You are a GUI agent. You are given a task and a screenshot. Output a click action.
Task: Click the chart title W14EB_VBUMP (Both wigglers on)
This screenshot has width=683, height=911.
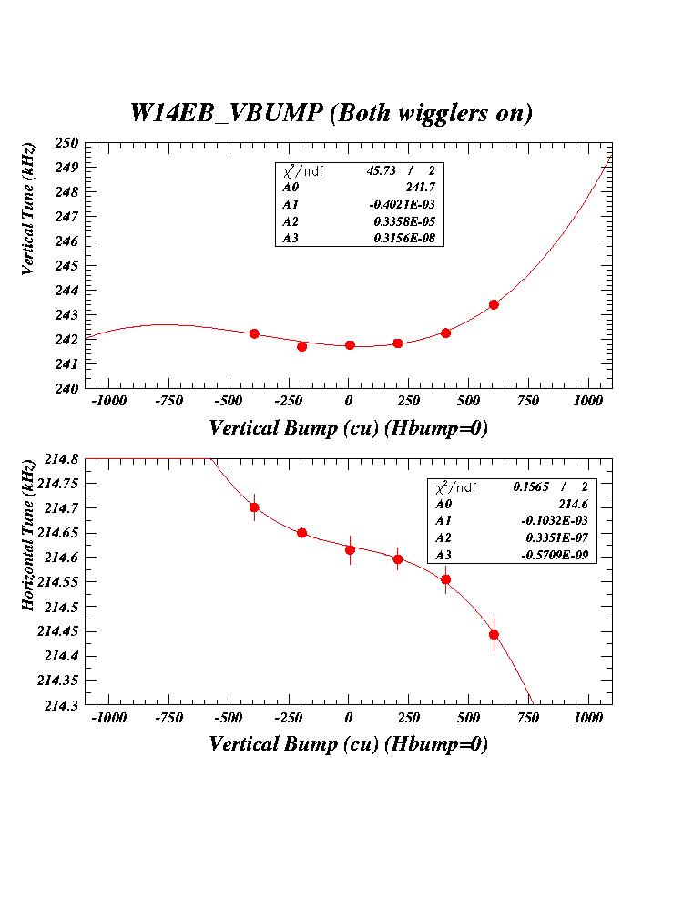pyautogui.click(x=331, y=113)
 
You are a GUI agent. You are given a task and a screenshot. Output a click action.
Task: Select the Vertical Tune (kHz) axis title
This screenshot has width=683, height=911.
pyautogui.click(x=30, y=209)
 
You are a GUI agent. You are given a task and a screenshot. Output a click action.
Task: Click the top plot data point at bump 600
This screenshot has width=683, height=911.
pyautogui.click(x=494, y=304)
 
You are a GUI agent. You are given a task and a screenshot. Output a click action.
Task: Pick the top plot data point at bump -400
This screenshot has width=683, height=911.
pyautogui.click(x=254, y=333)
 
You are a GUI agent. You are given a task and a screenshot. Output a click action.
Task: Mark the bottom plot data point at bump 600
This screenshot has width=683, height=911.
pyautogui.click(x=494, y=634)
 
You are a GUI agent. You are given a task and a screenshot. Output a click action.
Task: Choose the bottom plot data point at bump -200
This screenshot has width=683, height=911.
pyautogui.click(x=301, y=533)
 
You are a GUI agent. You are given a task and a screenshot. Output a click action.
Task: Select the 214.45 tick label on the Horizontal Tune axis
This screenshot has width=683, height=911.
pyautogui.click(x=58, y=631)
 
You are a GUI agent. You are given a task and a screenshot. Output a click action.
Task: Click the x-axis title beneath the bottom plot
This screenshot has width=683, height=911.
pyautogui.click(x=348, y=744)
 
